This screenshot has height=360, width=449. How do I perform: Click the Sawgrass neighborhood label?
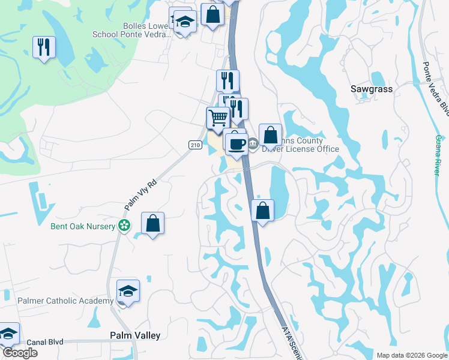[371, 89]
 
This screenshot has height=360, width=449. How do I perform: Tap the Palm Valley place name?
[135, 335]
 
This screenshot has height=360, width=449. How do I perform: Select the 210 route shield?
[194, 145]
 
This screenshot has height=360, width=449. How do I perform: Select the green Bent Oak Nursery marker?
[124, 226]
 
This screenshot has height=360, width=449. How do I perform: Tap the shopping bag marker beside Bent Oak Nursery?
[153, 224]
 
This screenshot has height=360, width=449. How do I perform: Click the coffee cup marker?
[237, 143]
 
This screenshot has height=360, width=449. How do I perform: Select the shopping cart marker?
[218, 117]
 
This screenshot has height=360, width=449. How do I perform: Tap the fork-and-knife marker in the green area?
[44, 47]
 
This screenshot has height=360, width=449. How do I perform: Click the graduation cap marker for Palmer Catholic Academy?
[128, 291]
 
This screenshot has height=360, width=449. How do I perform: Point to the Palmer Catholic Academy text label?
[65, 301]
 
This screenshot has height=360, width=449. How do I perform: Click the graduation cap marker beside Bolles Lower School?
[185, 22]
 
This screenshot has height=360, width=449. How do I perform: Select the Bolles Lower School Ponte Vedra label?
[131, 30]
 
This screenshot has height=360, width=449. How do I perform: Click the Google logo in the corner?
[19, 353]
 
